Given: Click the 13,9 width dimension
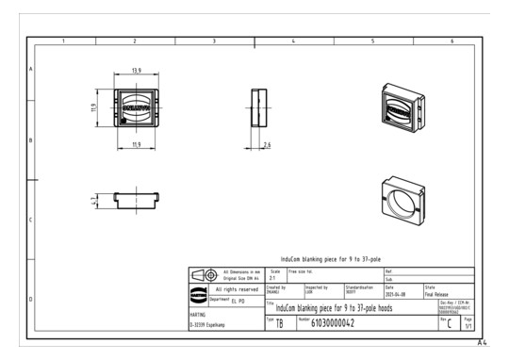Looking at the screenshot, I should pos(137,71).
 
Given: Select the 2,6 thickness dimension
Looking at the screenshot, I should pos(268,144).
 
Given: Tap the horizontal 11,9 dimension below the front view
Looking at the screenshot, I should pos(137,144).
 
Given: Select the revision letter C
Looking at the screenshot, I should pos(450,323).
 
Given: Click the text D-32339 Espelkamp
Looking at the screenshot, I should pos(210,326).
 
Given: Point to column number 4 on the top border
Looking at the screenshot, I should pos(294,41).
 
